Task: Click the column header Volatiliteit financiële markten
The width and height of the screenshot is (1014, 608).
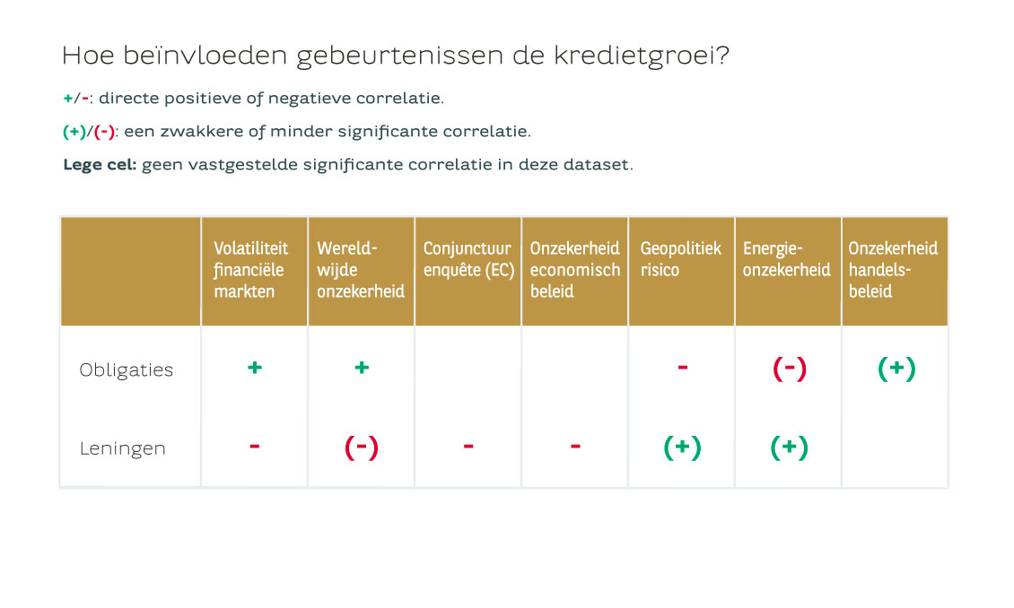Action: pyautogui.click(x=251, y=270)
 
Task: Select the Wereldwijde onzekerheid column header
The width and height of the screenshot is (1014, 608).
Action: pyautogui.click(x=360, y=270)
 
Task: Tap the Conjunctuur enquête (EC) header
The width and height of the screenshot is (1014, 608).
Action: pyautogui.click(x=468, y=259)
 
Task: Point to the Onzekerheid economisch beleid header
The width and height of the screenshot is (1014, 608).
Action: pyautogui.click(x=575, y=270)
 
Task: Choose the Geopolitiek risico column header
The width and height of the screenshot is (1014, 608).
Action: pyautogui.click(x=680, y=259)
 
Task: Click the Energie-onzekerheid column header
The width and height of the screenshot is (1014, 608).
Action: pyautogui.click(x=786, y=259)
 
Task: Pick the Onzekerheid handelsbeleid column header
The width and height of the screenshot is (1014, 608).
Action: pyautogui.click(x=893, y=270)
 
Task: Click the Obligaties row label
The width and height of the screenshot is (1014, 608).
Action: pyautogui.click(x=127, y=370)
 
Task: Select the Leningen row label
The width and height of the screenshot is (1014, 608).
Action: pyautogui.click(x=122, y=448)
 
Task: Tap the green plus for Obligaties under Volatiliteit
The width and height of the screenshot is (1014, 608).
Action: pyautogui.click(x=255, y=368)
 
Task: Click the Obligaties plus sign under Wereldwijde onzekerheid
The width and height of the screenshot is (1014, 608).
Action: pyautogui.click(x=362, y=368)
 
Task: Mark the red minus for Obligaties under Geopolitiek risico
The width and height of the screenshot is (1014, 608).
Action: pyautogui.click(x=682, y=368)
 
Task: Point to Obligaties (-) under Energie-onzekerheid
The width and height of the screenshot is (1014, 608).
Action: pyautogui.click(x=790, y=369)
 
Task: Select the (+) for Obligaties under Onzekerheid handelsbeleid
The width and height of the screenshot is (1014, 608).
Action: pyautogui.click(x=896, y=369)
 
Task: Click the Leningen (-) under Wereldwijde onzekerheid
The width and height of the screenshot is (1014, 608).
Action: pyautogui.click(x=362, y=447)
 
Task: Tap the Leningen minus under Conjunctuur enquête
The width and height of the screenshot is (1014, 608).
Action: pyautogui.click(x=468, y=446)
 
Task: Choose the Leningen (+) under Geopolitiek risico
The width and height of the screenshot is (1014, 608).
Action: pyautogui.click(x=682, y=447)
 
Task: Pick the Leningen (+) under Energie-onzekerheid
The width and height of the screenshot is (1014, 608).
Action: pyautogui.click(x=789, y=447)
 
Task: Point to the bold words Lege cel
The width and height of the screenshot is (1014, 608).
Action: pyautogui.click(x=100, y=165)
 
